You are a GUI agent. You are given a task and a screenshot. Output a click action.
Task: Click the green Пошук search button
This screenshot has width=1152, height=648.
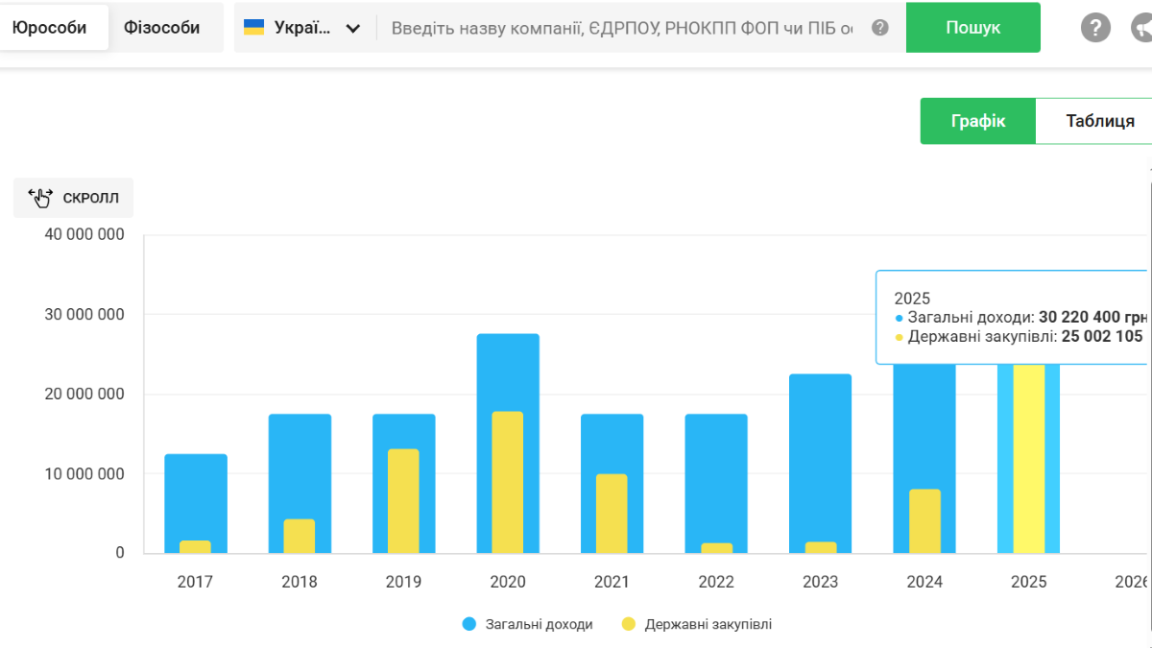972,28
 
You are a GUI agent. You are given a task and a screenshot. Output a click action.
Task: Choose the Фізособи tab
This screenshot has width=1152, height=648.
161,28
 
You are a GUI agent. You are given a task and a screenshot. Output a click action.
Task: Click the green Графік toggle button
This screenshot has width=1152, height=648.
977,121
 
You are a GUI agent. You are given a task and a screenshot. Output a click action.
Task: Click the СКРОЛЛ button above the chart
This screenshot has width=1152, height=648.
74,198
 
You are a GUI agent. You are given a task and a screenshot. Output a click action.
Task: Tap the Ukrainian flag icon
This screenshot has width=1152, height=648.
253,27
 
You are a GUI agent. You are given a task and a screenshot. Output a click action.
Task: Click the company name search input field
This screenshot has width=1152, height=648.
621,28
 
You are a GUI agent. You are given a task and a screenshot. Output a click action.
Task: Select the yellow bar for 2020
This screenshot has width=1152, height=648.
508,482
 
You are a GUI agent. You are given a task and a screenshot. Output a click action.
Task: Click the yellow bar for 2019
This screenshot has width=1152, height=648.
403,500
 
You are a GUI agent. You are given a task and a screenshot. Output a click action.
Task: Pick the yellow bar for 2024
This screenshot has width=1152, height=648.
924,520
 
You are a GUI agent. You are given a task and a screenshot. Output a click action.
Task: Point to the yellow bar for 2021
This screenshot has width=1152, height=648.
612,513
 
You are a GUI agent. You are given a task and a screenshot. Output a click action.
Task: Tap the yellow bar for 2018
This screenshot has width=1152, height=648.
299,536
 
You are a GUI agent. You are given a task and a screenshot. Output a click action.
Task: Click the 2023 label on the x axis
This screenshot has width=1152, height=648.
820,582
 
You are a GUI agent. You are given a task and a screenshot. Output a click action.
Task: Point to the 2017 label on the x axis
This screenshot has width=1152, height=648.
195,582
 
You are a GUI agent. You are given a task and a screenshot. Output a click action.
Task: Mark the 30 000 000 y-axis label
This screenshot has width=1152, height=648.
84,315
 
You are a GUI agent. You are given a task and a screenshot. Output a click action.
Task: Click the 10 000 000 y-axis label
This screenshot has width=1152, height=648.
84,473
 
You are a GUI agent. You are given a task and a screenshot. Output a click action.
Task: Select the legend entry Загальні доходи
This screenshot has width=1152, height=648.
538,624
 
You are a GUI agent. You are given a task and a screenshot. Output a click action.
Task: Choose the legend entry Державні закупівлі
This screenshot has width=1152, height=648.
708,624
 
